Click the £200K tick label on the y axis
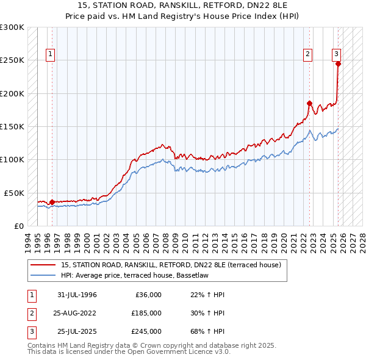coord(12,93)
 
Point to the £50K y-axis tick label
coord(14,193)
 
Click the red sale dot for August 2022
coord(309,103)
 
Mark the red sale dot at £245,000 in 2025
coord(338,63)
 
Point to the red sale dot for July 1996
coord(52,202)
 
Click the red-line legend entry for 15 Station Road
coord(171,265)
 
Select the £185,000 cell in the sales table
coord(146,313)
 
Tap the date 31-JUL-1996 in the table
coord(77,295)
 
